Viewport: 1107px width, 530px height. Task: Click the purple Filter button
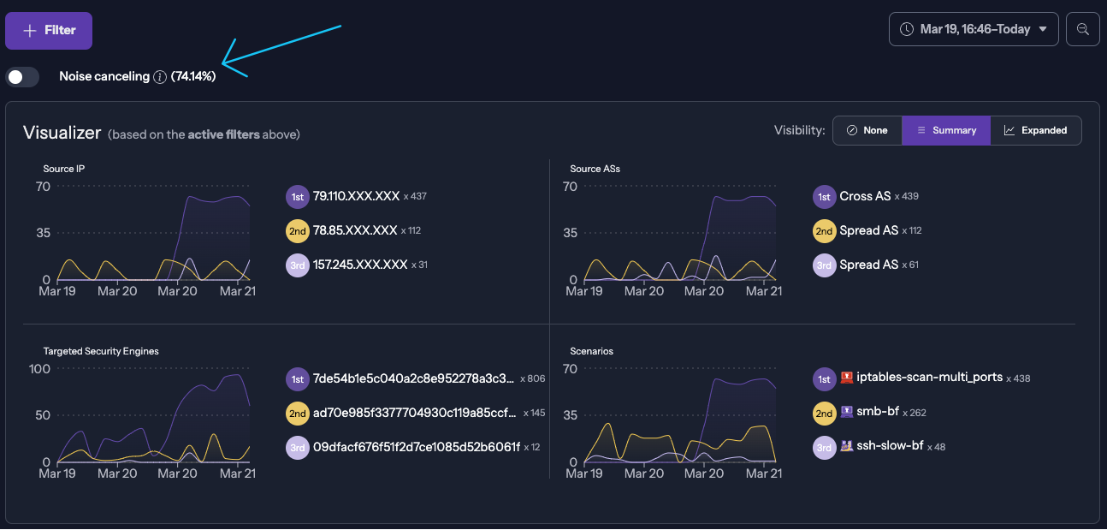click(x=49, y=31)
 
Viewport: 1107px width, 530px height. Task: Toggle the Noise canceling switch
click(x=22, y=77)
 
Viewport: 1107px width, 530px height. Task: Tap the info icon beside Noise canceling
click(x=160, y=77)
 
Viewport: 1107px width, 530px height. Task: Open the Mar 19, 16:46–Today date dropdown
click(x=974, y=29)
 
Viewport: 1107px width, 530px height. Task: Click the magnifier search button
click(x=1082, y=29)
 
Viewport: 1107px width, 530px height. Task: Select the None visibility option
click(x=867, y=130)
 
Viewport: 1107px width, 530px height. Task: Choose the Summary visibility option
click(x=946, y=130)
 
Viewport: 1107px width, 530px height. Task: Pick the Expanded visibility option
click(x=1035, y=130)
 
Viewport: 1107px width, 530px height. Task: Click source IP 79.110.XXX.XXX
click(x=356, y=196)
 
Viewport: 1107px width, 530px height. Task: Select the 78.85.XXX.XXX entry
click(x=355, y=230)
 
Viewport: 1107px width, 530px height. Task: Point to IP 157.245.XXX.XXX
click(x=360, y=265)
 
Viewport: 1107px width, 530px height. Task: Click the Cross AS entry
click(x=865, y=196)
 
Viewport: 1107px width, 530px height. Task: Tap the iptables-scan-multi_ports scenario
click(x=929, y=377)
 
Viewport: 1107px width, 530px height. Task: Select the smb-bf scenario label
click(x=878, y=412)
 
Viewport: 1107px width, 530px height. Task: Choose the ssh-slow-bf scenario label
click(x=890, y=446)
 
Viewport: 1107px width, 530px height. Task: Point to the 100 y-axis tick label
click(x=39, y=369)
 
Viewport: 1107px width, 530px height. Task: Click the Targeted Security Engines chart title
click(x=101, y=351)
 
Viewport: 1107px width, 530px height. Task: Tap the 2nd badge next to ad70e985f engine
click(x=297, y=413)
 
